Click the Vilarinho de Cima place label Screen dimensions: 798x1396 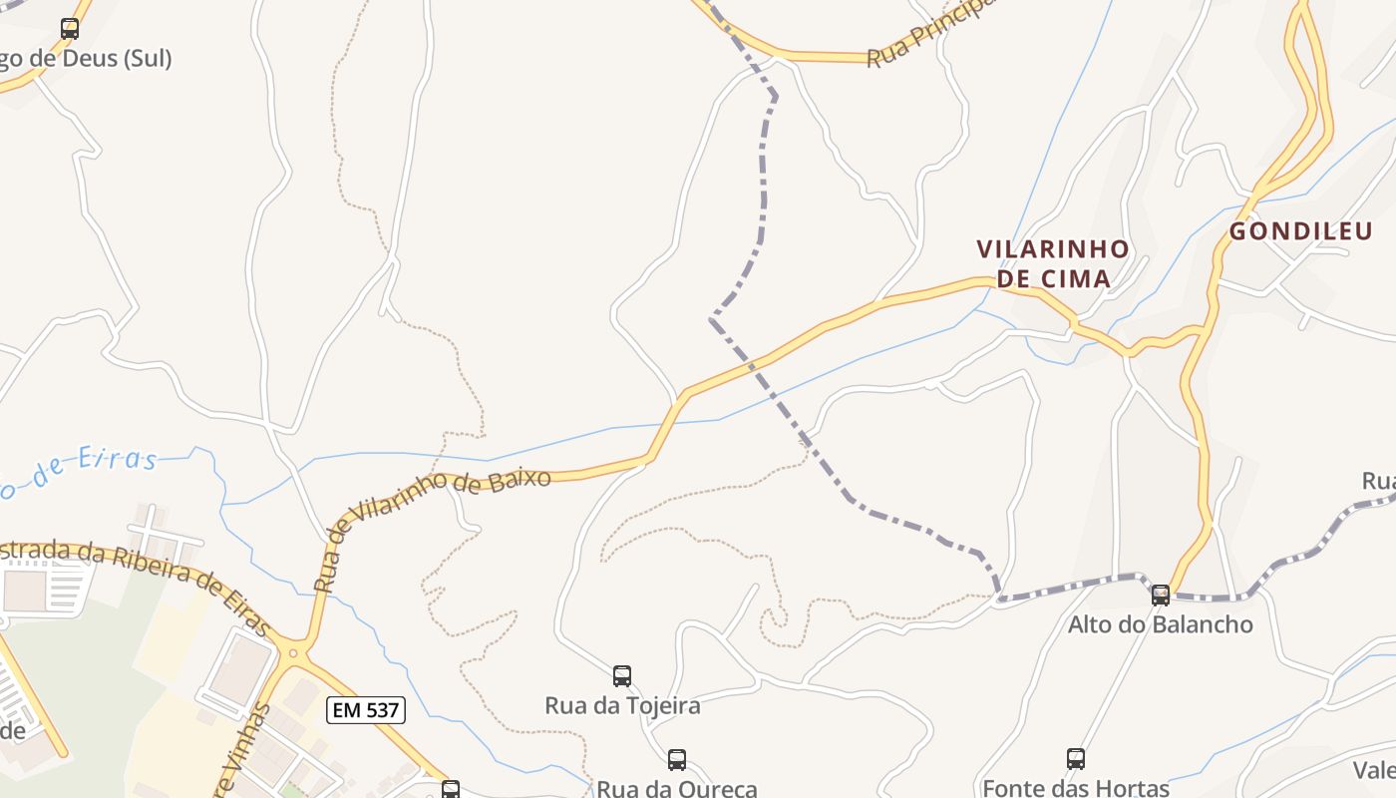[x=1053, y=262]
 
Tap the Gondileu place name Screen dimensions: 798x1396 [x=1300, y=231]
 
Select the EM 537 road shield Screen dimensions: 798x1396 [x=366, y=710]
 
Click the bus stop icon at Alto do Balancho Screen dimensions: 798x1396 [x=1161, y=596]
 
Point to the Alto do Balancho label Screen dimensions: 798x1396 [x=1161, y=625]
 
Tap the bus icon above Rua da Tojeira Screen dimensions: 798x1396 [x=622, y=676]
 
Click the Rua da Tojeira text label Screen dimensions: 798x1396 [x=622, y=706]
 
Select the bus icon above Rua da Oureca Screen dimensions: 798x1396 [x=677, y=760]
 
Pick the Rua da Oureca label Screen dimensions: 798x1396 [x=677, y=788]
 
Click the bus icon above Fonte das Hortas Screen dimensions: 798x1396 [x=1076, y=759]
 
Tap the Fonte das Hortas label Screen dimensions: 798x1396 [x=1076, y=788]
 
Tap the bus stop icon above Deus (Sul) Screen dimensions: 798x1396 [x=70, y=29]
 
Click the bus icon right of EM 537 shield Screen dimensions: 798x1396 [x=451, y=789]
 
